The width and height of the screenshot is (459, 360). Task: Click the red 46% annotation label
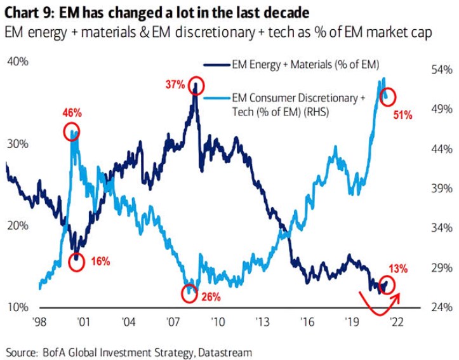[x=72, y=113]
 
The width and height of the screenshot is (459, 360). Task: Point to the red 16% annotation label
[x=100, y=261]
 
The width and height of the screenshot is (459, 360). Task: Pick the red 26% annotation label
[x=211, y=296]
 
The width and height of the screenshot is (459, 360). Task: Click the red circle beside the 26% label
[x=189, y=293]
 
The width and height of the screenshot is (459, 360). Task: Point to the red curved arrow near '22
[x=381, y=302]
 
